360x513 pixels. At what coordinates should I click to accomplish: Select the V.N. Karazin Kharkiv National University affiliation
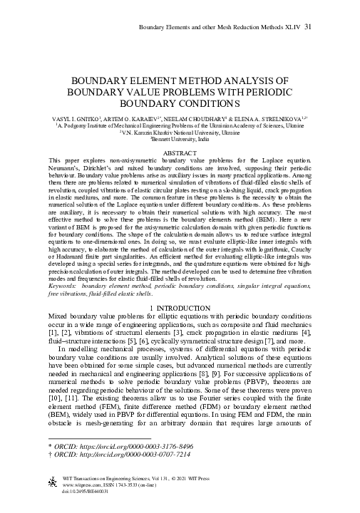[x=180, y=132]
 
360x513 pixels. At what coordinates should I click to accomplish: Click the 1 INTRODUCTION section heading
[x=180, y=306]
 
